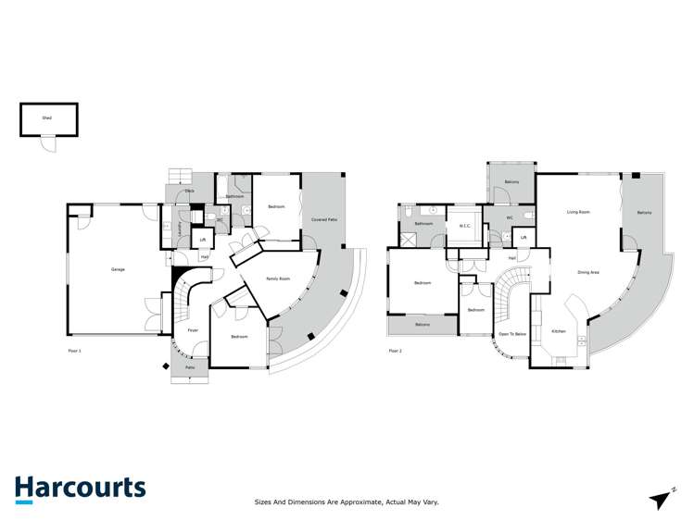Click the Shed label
(46, 118)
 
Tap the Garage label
(118, 269)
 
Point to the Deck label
(189, 192)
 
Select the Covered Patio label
(323, 219)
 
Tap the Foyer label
(193, 330)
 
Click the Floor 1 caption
(75, 351)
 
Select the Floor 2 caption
(396, 351)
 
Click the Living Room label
(579, 212)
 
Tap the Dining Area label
(588, 272)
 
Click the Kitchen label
(559, 330)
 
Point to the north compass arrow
(662, 499)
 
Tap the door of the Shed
(47, 142)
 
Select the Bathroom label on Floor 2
(423, 224)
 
